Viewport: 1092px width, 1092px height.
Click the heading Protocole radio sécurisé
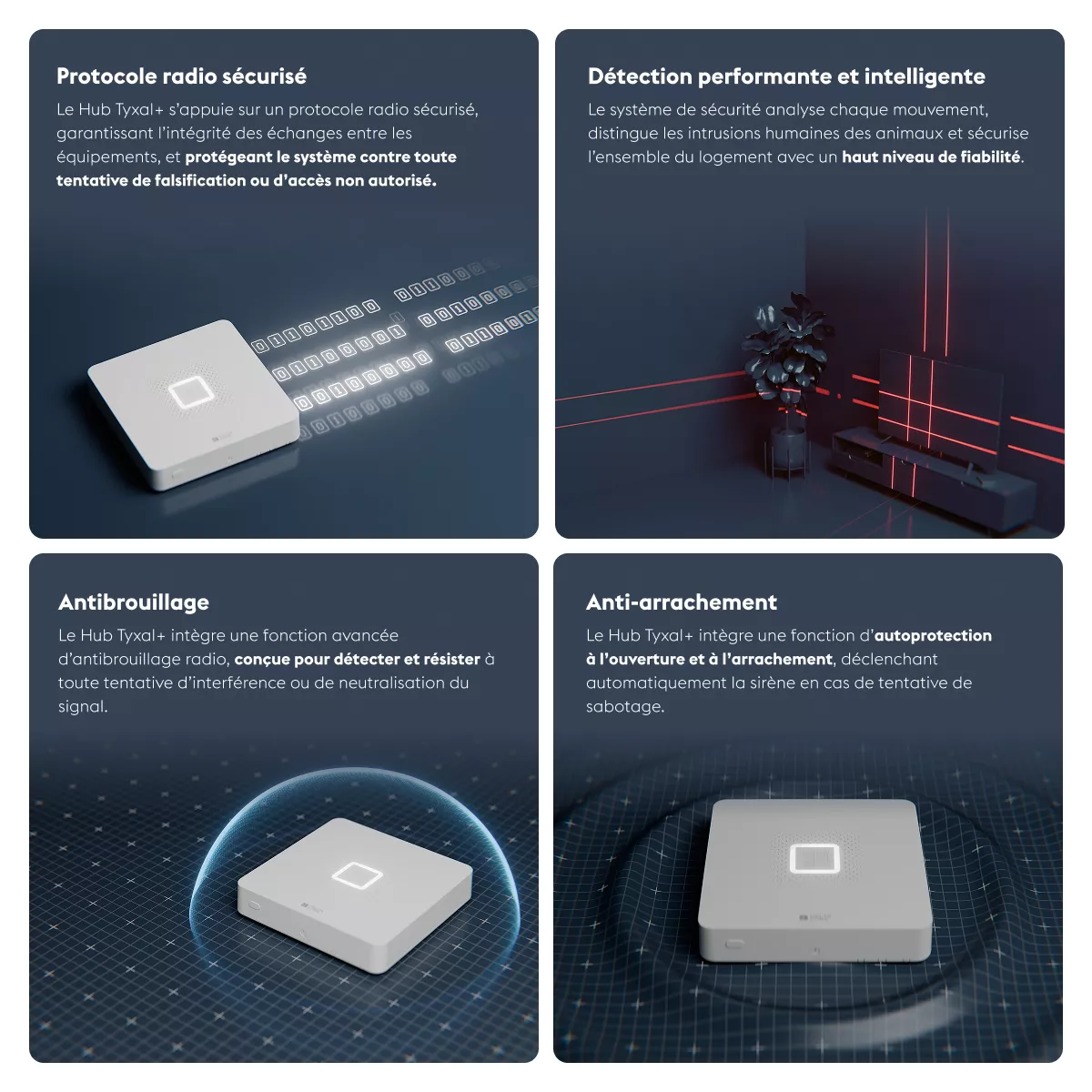pos(181,76)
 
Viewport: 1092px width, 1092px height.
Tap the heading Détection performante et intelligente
pos(786,76)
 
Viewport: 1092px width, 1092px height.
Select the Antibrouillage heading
pos(134,602)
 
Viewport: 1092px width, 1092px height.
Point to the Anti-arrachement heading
pos(682,602)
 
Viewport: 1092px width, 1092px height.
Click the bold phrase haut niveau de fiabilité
pos(932,157)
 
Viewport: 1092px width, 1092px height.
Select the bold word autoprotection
pos(933,635)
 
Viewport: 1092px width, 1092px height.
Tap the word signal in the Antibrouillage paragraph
pos(82,707)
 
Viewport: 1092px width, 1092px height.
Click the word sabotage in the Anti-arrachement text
pos(624,707)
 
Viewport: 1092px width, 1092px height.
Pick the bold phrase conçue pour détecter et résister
pos(357,659)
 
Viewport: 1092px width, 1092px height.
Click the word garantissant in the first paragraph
pos(105,133)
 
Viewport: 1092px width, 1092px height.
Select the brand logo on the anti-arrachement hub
pos(814,917)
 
